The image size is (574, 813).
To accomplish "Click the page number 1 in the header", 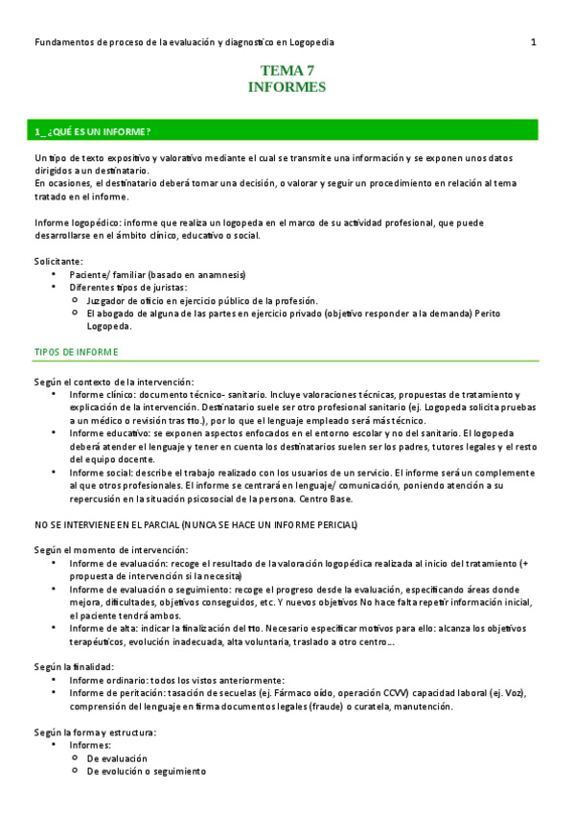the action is [x=533, y=42].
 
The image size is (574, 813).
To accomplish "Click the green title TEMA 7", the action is [x=287, y=70].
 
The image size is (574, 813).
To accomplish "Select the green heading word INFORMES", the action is [x=287, y=86].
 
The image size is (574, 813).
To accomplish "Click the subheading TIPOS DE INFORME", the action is [x=77, y=352].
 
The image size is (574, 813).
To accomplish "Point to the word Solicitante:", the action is [x=58, y=261].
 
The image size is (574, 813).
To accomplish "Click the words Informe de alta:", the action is [x=106, y=628].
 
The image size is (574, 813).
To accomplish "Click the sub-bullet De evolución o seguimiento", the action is [x=147, y=771].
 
